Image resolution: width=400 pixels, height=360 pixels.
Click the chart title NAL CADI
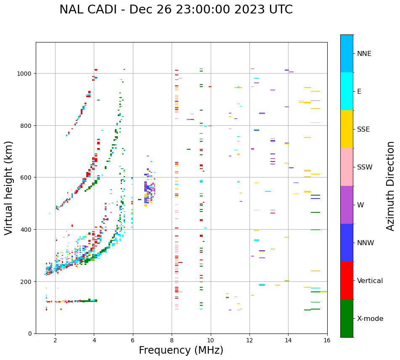pos(176,10)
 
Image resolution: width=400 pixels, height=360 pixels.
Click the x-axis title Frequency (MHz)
pos(181,350)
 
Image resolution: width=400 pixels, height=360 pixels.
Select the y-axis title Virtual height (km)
pos(9,188)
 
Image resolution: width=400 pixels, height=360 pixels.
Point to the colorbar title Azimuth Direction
pos(391,186)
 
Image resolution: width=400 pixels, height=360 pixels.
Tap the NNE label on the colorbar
pos(364,54)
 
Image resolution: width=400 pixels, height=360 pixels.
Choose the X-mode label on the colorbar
pos(370,319)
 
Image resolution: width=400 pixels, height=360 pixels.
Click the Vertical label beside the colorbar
pos(370,281)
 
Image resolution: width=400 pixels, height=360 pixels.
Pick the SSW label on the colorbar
pos(365,167)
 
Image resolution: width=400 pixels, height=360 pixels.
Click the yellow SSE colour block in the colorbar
pos(347,129)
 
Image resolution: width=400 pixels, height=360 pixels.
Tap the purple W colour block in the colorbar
pos(347,205)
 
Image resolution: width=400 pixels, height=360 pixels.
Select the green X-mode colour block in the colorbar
pos(347,318)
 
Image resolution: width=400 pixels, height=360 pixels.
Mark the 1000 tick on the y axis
pos(26,74)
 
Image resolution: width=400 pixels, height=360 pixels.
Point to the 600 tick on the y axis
pos(28,177)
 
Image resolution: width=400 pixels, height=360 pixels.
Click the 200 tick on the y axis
pos(28,281)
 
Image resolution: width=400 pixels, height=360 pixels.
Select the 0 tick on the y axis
pos(31,334)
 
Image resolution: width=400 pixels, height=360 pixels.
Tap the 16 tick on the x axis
pos(327,340)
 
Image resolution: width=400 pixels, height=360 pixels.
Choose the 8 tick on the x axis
pos(172,340)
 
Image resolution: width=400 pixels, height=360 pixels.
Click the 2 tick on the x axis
pos(55,340)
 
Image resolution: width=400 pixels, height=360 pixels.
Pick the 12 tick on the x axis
pos(249,340)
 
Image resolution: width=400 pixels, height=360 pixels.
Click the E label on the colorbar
pos(359,92)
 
